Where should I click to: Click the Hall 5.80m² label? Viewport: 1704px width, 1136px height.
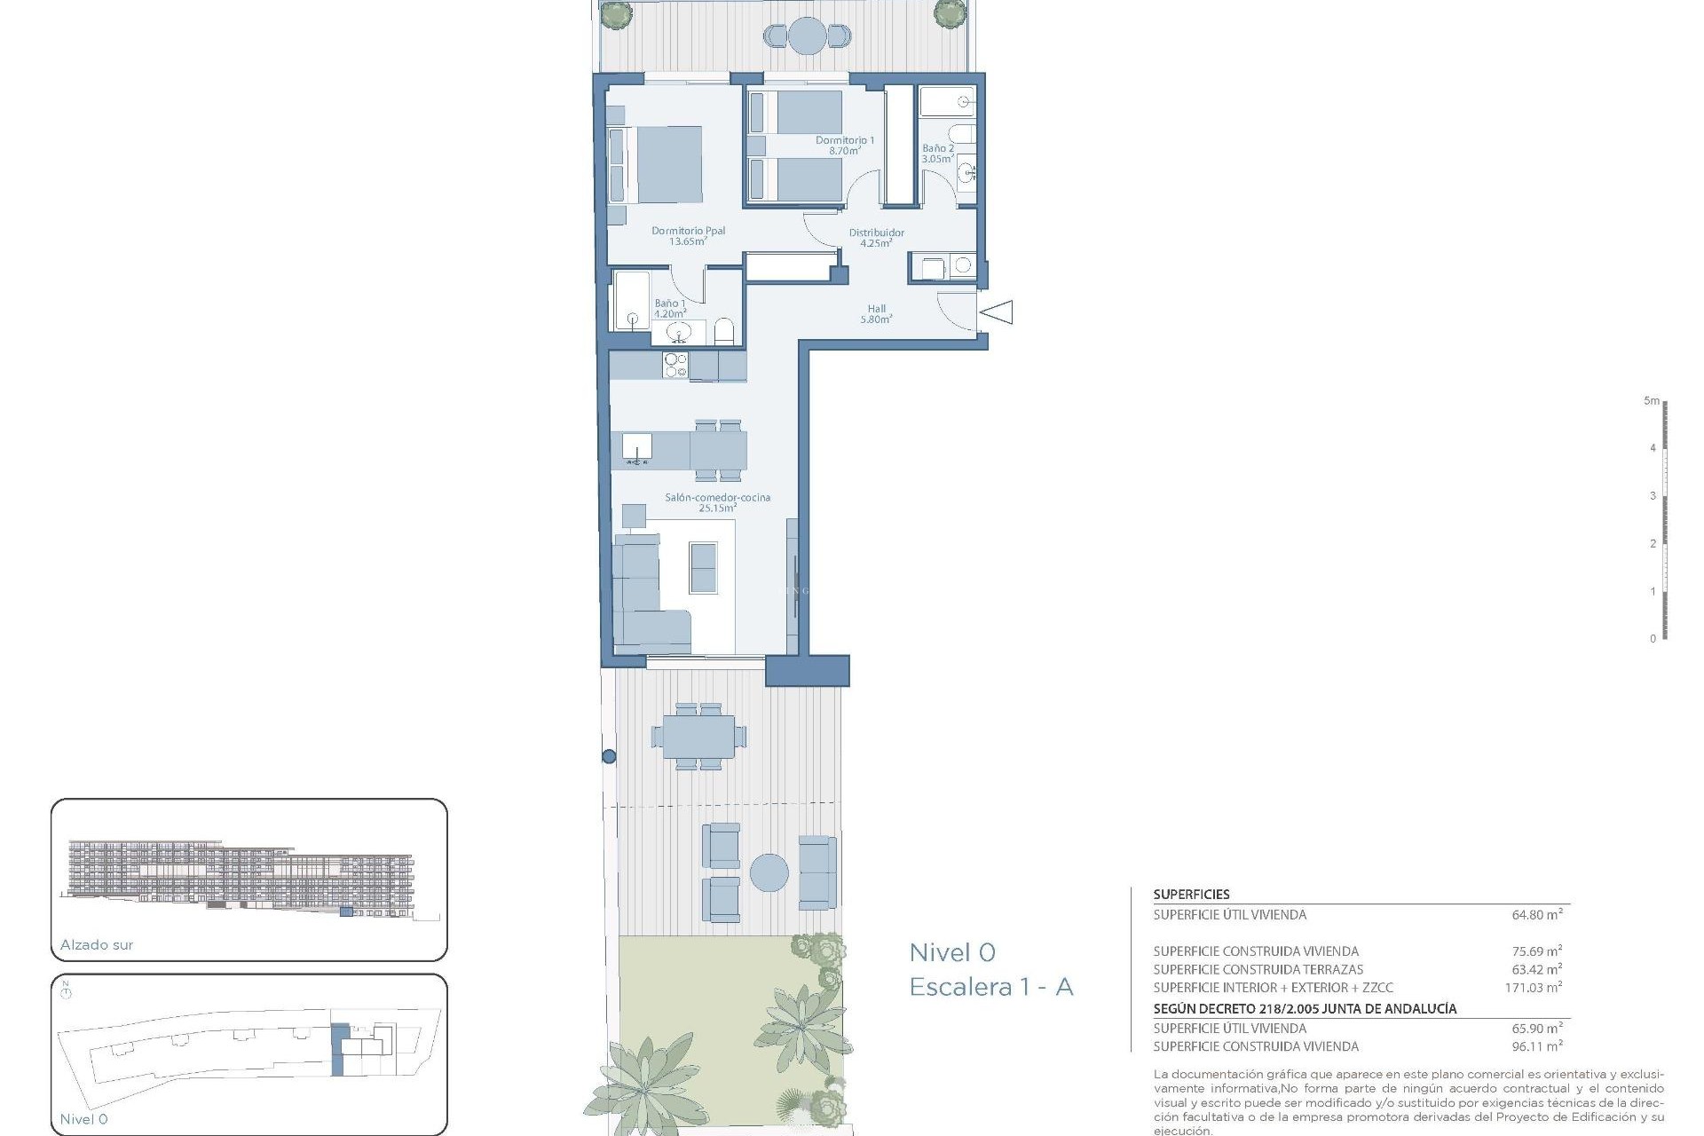[x=876, y=314]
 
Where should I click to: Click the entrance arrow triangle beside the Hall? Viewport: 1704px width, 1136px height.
[x=998, y=312]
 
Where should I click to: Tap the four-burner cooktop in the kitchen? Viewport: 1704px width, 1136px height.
[x=675, y=366]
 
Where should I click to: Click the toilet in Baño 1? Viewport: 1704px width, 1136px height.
[x=724, y=332]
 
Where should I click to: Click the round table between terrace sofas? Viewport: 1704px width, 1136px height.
[x=769, y=872]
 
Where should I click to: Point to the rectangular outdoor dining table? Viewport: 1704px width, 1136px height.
[x=698, y=737]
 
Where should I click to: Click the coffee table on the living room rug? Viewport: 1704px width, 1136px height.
[x=703, y=567]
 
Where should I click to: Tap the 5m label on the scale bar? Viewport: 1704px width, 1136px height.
[x=1651, y=401]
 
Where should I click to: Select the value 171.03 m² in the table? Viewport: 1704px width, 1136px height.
[x=1533, y=987]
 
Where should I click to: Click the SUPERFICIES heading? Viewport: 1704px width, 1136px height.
[x=1191, y=895]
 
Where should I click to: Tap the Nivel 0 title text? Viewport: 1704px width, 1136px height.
[x=952, y=952]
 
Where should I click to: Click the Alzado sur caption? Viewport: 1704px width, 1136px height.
[x=97, y=944]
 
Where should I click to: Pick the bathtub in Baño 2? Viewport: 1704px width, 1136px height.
[x=946, y=102]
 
